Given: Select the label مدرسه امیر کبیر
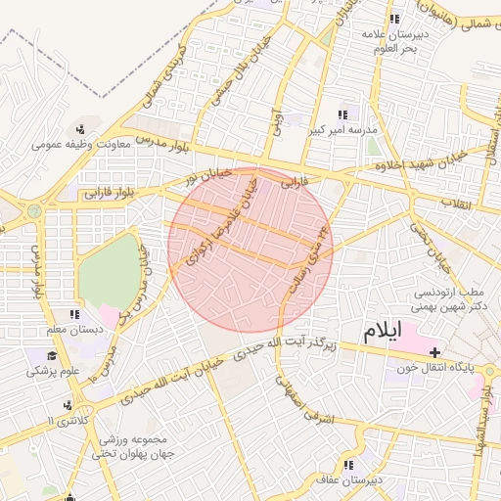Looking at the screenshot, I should click(343, 129).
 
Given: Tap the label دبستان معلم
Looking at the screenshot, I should click(74, 330).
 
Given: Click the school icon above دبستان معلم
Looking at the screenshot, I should click(74, 315).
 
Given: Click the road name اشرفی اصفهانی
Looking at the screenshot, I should click(305, 399).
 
